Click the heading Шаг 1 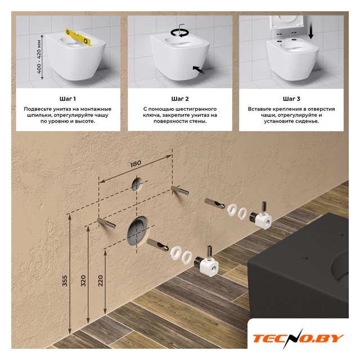[x=67, y=99]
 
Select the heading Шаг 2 [x=180, y=99]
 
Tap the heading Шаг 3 [x=291, y=99]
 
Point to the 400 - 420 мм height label [x=39, y=57]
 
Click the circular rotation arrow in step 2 [x=179, y=33]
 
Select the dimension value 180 [x=136, y=164]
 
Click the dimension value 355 [x=65, y=281]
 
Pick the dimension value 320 [x=83, y=281]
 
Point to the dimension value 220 [x=100, y=281]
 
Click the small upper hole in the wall [x=137, y=184]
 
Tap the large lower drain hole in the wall [x=138, y=231]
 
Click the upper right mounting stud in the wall [x=179, y=191]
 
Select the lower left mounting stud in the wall [x=106, y=223]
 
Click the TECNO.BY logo [x=298, y=339]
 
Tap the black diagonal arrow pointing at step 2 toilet [x=199, y=70]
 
